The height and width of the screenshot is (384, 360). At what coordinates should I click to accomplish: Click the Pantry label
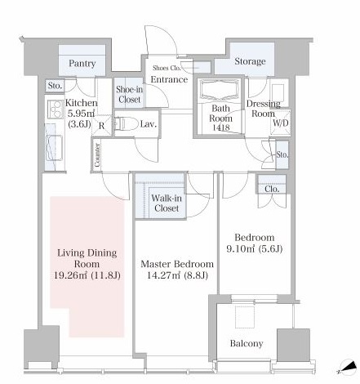click(x=82, y=64)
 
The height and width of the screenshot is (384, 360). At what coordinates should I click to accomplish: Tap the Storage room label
click(x=250, y=61)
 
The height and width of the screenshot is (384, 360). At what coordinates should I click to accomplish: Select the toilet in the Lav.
click(x=126, y=124)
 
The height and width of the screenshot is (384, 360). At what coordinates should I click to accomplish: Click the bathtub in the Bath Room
click(x=220, y=88)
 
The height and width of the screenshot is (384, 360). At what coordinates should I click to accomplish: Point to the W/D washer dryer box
click(x=281, y=123)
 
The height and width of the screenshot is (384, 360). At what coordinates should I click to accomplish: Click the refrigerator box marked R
click(x=102, y=126)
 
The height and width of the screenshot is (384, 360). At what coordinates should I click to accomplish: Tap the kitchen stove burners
click(x=56, y=109)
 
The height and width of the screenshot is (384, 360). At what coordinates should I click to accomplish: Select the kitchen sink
click(x=54, y=148)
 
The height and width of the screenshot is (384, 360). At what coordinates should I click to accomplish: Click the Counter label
click(x=97, y=155)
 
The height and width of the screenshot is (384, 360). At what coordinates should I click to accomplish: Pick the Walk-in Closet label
click(x=167, y=203)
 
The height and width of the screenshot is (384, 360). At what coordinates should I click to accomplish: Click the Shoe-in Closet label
click(x=129, y=95)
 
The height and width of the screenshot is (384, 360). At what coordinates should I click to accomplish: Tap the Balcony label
click(x=247, y=344)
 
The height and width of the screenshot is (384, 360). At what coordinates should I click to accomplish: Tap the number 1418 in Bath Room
click(x=221, y=127)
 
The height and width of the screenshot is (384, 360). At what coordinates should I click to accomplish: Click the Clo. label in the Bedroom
click(x=272, y=189)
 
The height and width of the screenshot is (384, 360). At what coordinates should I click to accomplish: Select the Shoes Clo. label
click(x=167, y=68)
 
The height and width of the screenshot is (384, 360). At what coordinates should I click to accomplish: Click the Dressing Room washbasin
click(x=278, y=93)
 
